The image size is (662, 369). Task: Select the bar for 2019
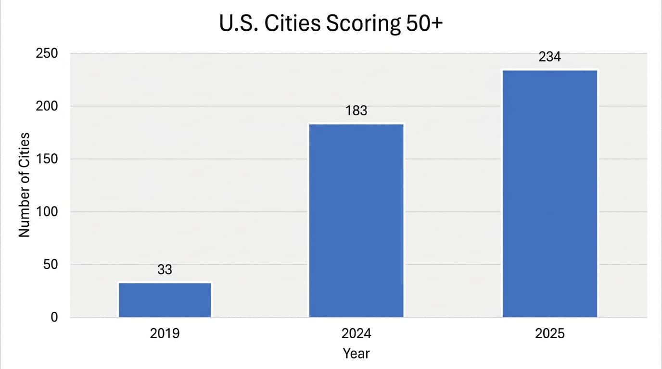(x=165, y=300)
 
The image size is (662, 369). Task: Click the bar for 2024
(x=356, y=221)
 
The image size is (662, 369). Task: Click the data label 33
(x=165, y=270)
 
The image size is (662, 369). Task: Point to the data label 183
(x=356, y=111)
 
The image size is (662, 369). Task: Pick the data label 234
(x=549, y=57)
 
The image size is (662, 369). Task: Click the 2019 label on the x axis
(x=165, y=333)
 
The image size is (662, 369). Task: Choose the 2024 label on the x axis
(x=356, y=333)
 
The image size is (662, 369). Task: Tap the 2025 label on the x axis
(x=549, y=333)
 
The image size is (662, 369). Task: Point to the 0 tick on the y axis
(x=54, y=317)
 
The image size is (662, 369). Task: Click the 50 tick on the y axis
(x=50, y=265)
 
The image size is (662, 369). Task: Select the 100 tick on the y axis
(x=47, y=212)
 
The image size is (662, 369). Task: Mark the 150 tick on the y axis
(x=47, y=159)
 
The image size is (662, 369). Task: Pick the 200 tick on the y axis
(x=47, y=106)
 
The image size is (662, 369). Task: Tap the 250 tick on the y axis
(x=47, y=53)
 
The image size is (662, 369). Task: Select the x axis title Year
(x=356, y=354)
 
